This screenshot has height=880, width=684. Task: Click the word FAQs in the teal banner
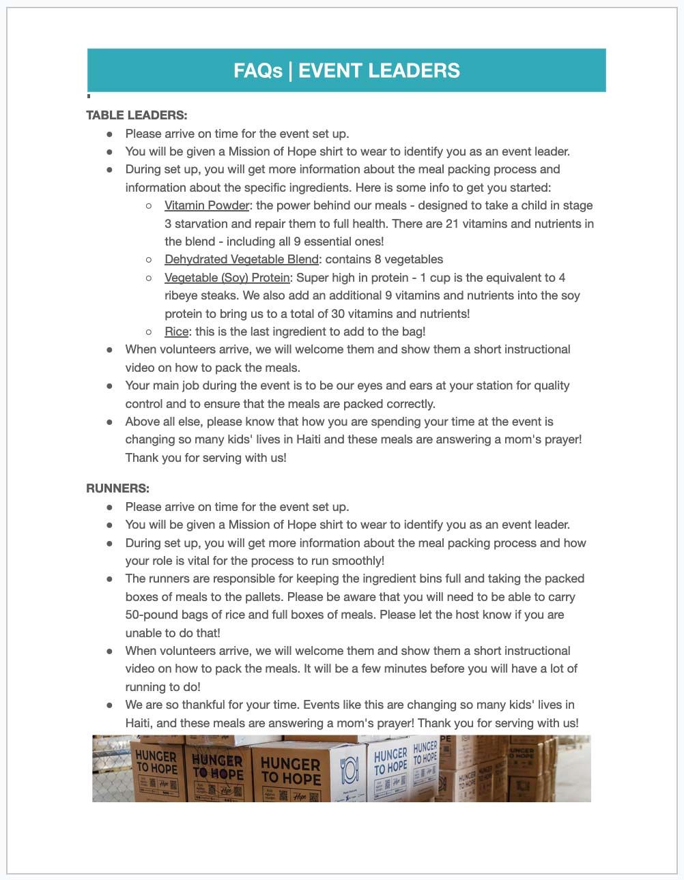257,71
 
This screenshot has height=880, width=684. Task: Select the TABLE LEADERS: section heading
137,115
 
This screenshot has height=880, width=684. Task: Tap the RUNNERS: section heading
117,488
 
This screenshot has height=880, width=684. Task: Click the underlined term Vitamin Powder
207,205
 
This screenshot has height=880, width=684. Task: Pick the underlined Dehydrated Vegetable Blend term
242,259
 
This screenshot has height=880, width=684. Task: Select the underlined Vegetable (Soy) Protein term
227,278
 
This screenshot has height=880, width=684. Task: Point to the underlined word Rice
176,332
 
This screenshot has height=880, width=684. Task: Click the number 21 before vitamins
453,223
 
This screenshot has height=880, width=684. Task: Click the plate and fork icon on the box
349,770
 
